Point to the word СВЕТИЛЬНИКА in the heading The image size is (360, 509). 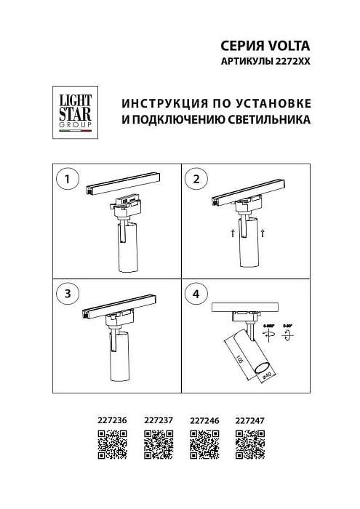click(x=269, y=118)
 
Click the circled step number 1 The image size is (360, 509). click(x=67, y=179)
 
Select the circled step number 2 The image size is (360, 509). click(x=196, y=179)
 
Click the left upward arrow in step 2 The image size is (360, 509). click(x=232, y=233)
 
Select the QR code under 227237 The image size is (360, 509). click(x=159, y=443)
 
